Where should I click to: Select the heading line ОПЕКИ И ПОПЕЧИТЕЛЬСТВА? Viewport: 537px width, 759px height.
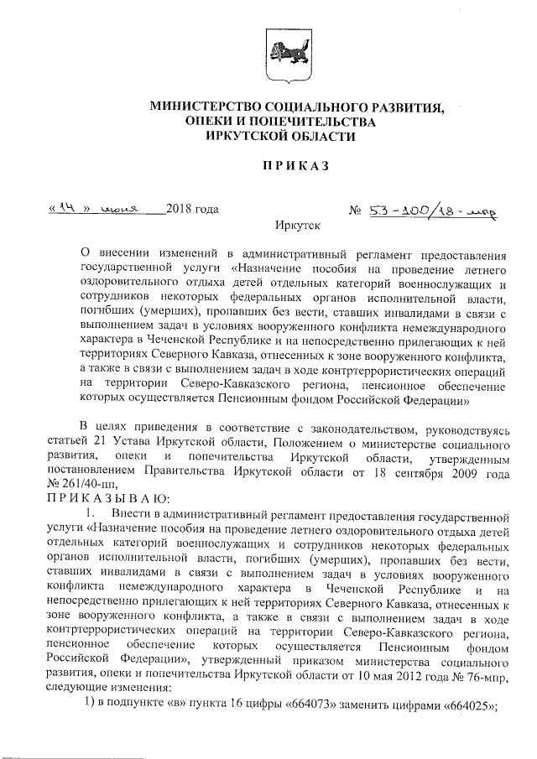(x=280, y=122)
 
